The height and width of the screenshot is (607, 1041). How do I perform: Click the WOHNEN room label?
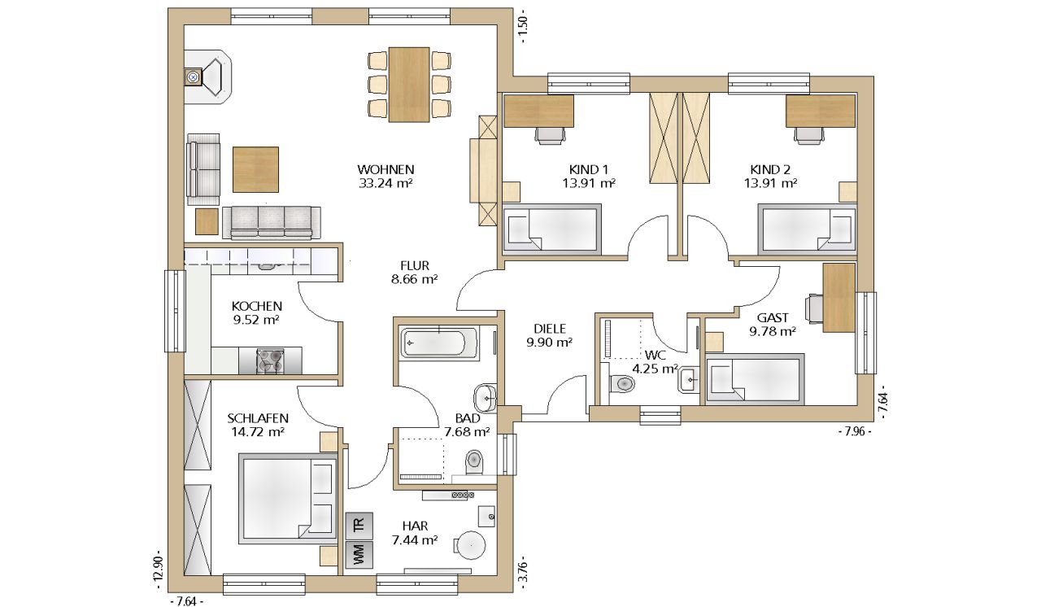pyautogui.click(x=385, y=169)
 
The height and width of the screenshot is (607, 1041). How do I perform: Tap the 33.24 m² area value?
pyautogui.click(x=385, y=183)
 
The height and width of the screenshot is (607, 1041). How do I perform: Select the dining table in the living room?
pyautogui.click(x=409, y=85)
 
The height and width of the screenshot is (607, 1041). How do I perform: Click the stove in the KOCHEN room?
pyautogui.click(x=271, y=360)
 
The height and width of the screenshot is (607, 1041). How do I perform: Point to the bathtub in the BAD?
pyautogui.click(x=439, y=343)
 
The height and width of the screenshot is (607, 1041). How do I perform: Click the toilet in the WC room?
pyautogui.click(x=622, y=384)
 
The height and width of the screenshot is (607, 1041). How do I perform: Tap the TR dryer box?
pyautogui.click(x=359, y=526)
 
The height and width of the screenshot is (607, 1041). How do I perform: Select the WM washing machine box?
pyautogui.click(x=359, y=554)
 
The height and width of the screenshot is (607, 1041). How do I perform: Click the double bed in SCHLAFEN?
pyautogui.click(x=288, y=499)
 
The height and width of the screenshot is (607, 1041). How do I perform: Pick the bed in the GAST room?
pyautogui.click(x=756, y=379)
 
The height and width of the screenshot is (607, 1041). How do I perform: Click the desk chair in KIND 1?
pyautogui.click(x=551, y=136)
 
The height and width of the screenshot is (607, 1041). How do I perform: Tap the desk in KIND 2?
pyautogui.click(x=821, y=111)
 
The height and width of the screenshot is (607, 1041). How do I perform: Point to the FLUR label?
pyautogui.click(x=415, y=266)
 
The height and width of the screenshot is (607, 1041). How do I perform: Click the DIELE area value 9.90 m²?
pyautogui.click(x=549, y=343)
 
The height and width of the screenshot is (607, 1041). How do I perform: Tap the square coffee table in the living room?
pyautogui.click(x=255, y=169)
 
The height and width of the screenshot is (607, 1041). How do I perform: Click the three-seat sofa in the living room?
pyautogui.click(x=272, y=223)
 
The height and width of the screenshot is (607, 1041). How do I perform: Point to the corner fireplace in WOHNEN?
pyautogui.click(x=207, y=76)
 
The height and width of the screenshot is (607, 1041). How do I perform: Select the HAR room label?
pyautogui.click(x=415, y=526)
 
